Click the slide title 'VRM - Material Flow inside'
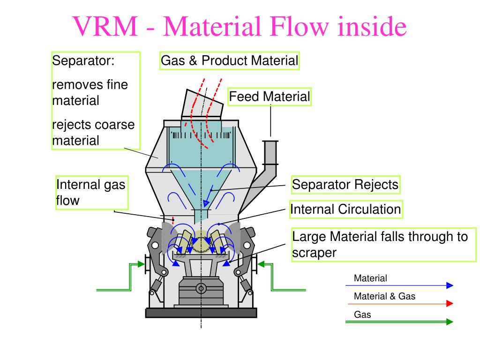(240, 26)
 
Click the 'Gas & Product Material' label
(229, 60)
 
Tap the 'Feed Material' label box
(270, 97)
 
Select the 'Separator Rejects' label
(345, 185)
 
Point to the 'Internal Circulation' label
(346, 210)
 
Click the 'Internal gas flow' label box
(91, 193)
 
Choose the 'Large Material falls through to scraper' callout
(383, 245)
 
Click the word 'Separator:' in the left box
(83, 60)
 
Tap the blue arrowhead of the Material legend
(450, 285)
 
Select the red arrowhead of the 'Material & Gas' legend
(450, 303)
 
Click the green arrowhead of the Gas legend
(450, 322)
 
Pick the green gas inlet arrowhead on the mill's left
(141, 264)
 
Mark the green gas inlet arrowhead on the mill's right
(261, 264)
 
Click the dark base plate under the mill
(201, 313)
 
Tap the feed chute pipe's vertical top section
(270, 152)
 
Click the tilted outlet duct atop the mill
(202, 104)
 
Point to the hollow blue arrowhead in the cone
(206, 203)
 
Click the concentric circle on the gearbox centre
(201, 288)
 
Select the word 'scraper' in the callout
(314, 253)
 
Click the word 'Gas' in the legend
(362, 315)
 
